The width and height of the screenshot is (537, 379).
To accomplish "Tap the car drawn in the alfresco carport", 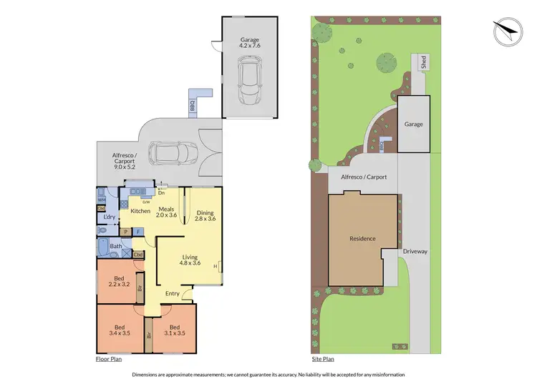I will pos(172,153).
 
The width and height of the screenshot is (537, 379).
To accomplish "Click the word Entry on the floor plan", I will pos(173,293).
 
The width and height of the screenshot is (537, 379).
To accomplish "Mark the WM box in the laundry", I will pos(101,200).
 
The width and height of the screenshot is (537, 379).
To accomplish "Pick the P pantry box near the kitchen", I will pos(125,231).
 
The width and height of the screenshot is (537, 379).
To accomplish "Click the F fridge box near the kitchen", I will pos(137,231).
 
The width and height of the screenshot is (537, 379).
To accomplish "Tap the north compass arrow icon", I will pos(507,31).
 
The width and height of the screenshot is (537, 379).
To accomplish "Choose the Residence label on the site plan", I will pos(362,238).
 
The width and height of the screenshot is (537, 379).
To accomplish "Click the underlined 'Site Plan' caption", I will pos(324,360).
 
